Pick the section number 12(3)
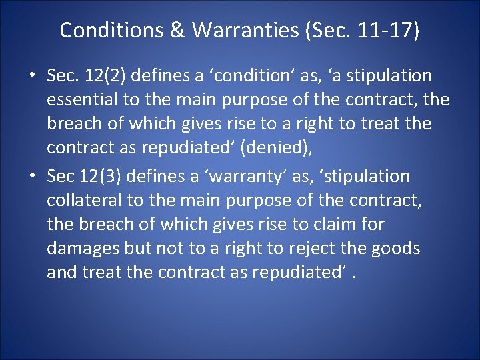pyautogui.click(x=100, y=177)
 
